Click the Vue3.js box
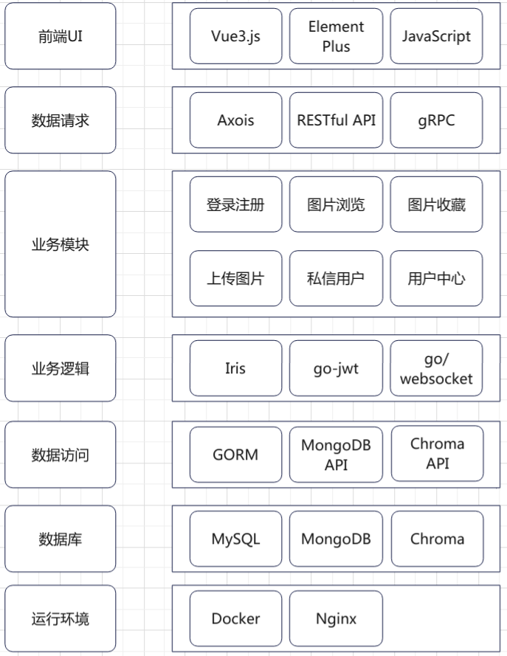click(x=235, y=36)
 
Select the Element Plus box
click(x=336, y=36)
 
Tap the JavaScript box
click(x=436, y=36)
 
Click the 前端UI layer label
click(x=61, y=36)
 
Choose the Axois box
click(x=235, y=120)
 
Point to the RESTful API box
click(x=336, y=120)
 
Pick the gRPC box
click(x=436, y=120)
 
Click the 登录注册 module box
click(x=235, y=204)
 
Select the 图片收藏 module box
click(x=436, y=204)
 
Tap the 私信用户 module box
click(x=336, y=278)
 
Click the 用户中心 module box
click(x=436, y=278)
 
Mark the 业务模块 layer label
click(x=61, y=244)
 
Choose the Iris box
click(x=235, y=368)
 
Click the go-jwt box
click(x=336, y=368)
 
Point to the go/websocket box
click(x=436, y=368)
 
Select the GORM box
click(x=235, y=455)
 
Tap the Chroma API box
click(x=437, y=454)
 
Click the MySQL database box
click(x=235, y=539)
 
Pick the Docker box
click(x=235, y=618)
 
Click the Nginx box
click(x=336, y=618)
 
